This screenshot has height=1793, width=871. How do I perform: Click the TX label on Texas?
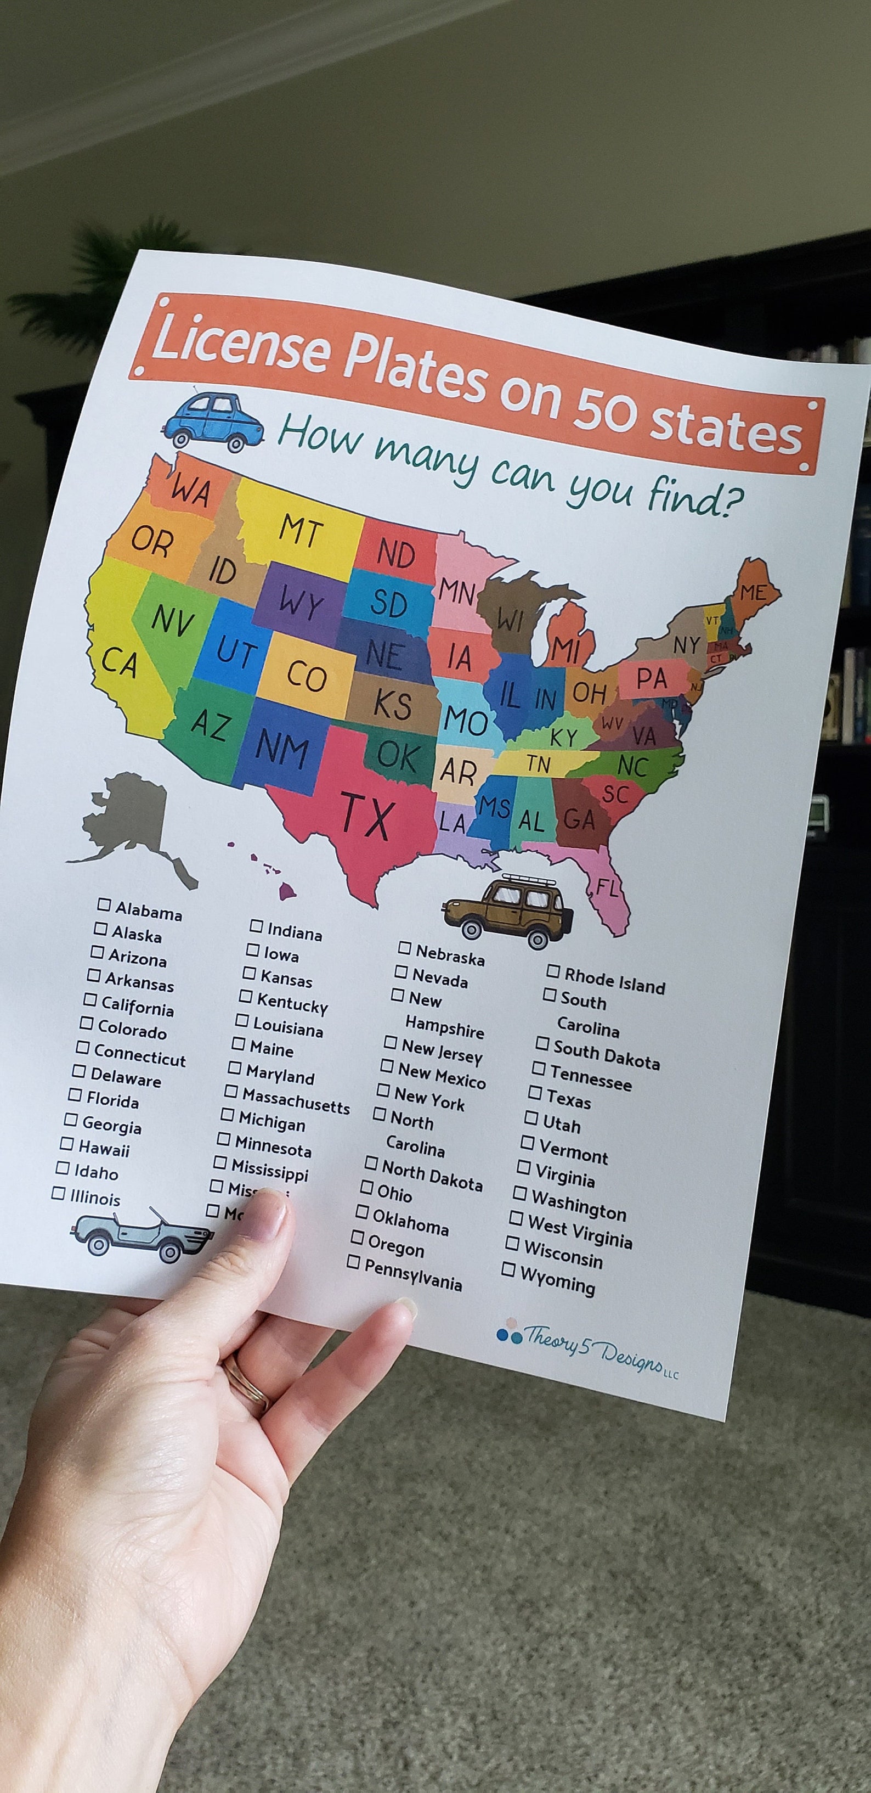(367, 816)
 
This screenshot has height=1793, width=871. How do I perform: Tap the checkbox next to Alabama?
(104, 904)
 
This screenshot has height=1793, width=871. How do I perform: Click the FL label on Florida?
(607, 888)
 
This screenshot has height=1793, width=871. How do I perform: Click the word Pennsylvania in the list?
(412, 1274)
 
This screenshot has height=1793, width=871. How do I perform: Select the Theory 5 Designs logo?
(588, 1346)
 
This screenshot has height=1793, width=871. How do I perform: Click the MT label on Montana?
(301, 530)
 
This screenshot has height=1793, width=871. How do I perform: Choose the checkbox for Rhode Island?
(553, 970)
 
